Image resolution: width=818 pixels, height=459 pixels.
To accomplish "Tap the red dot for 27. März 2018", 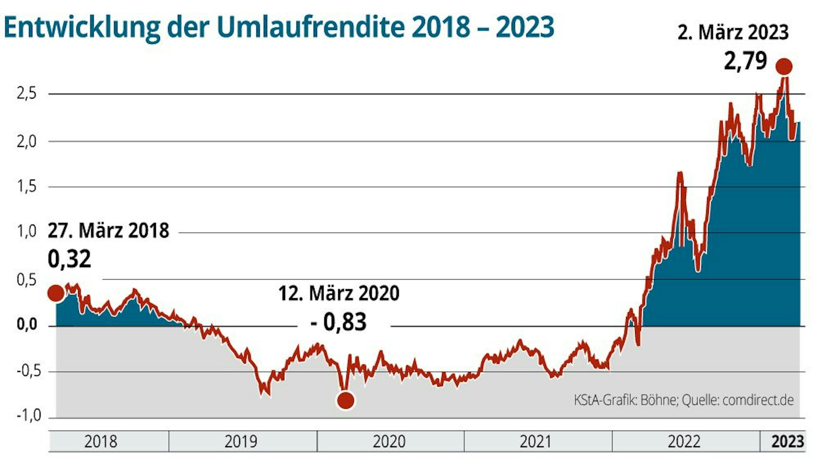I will tap(56, 293).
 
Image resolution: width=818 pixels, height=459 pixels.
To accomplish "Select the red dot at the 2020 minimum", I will tap(346, 400).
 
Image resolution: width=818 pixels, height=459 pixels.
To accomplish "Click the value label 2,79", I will tap(745, 61).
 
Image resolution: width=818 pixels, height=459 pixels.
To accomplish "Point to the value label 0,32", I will tap(69, 259).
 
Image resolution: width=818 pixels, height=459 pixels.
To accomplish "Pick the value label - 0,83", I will tap(339, 322).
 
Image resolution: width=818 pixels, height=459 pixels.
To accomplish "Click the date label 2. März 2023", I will tap(733, 32).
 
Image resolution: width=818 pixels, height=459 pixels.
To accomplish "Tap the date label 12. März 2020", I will tap(339, 293).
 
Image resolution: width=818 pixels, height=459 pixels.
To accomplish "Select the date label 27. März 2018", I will tap(108, 231).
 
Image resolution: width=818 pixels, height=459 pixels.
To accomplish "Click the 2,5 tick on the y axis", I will tap(27, 94).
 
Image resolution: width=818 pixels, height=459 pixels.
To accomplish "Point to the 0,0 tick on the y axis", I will tap(27, 325).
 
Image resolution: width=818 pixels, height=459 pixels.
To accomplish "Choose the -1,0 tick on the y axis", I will tap(29, 416).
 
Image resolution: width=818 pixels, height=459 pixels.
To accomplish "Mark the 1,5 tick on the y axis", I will tap(27, 187).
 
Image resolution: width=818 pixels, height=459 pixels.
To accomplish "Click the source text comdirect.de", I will tap(758, 400).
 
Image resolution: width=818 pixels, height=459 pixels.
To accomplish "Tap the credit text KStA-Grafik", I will tap(605, 400).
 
